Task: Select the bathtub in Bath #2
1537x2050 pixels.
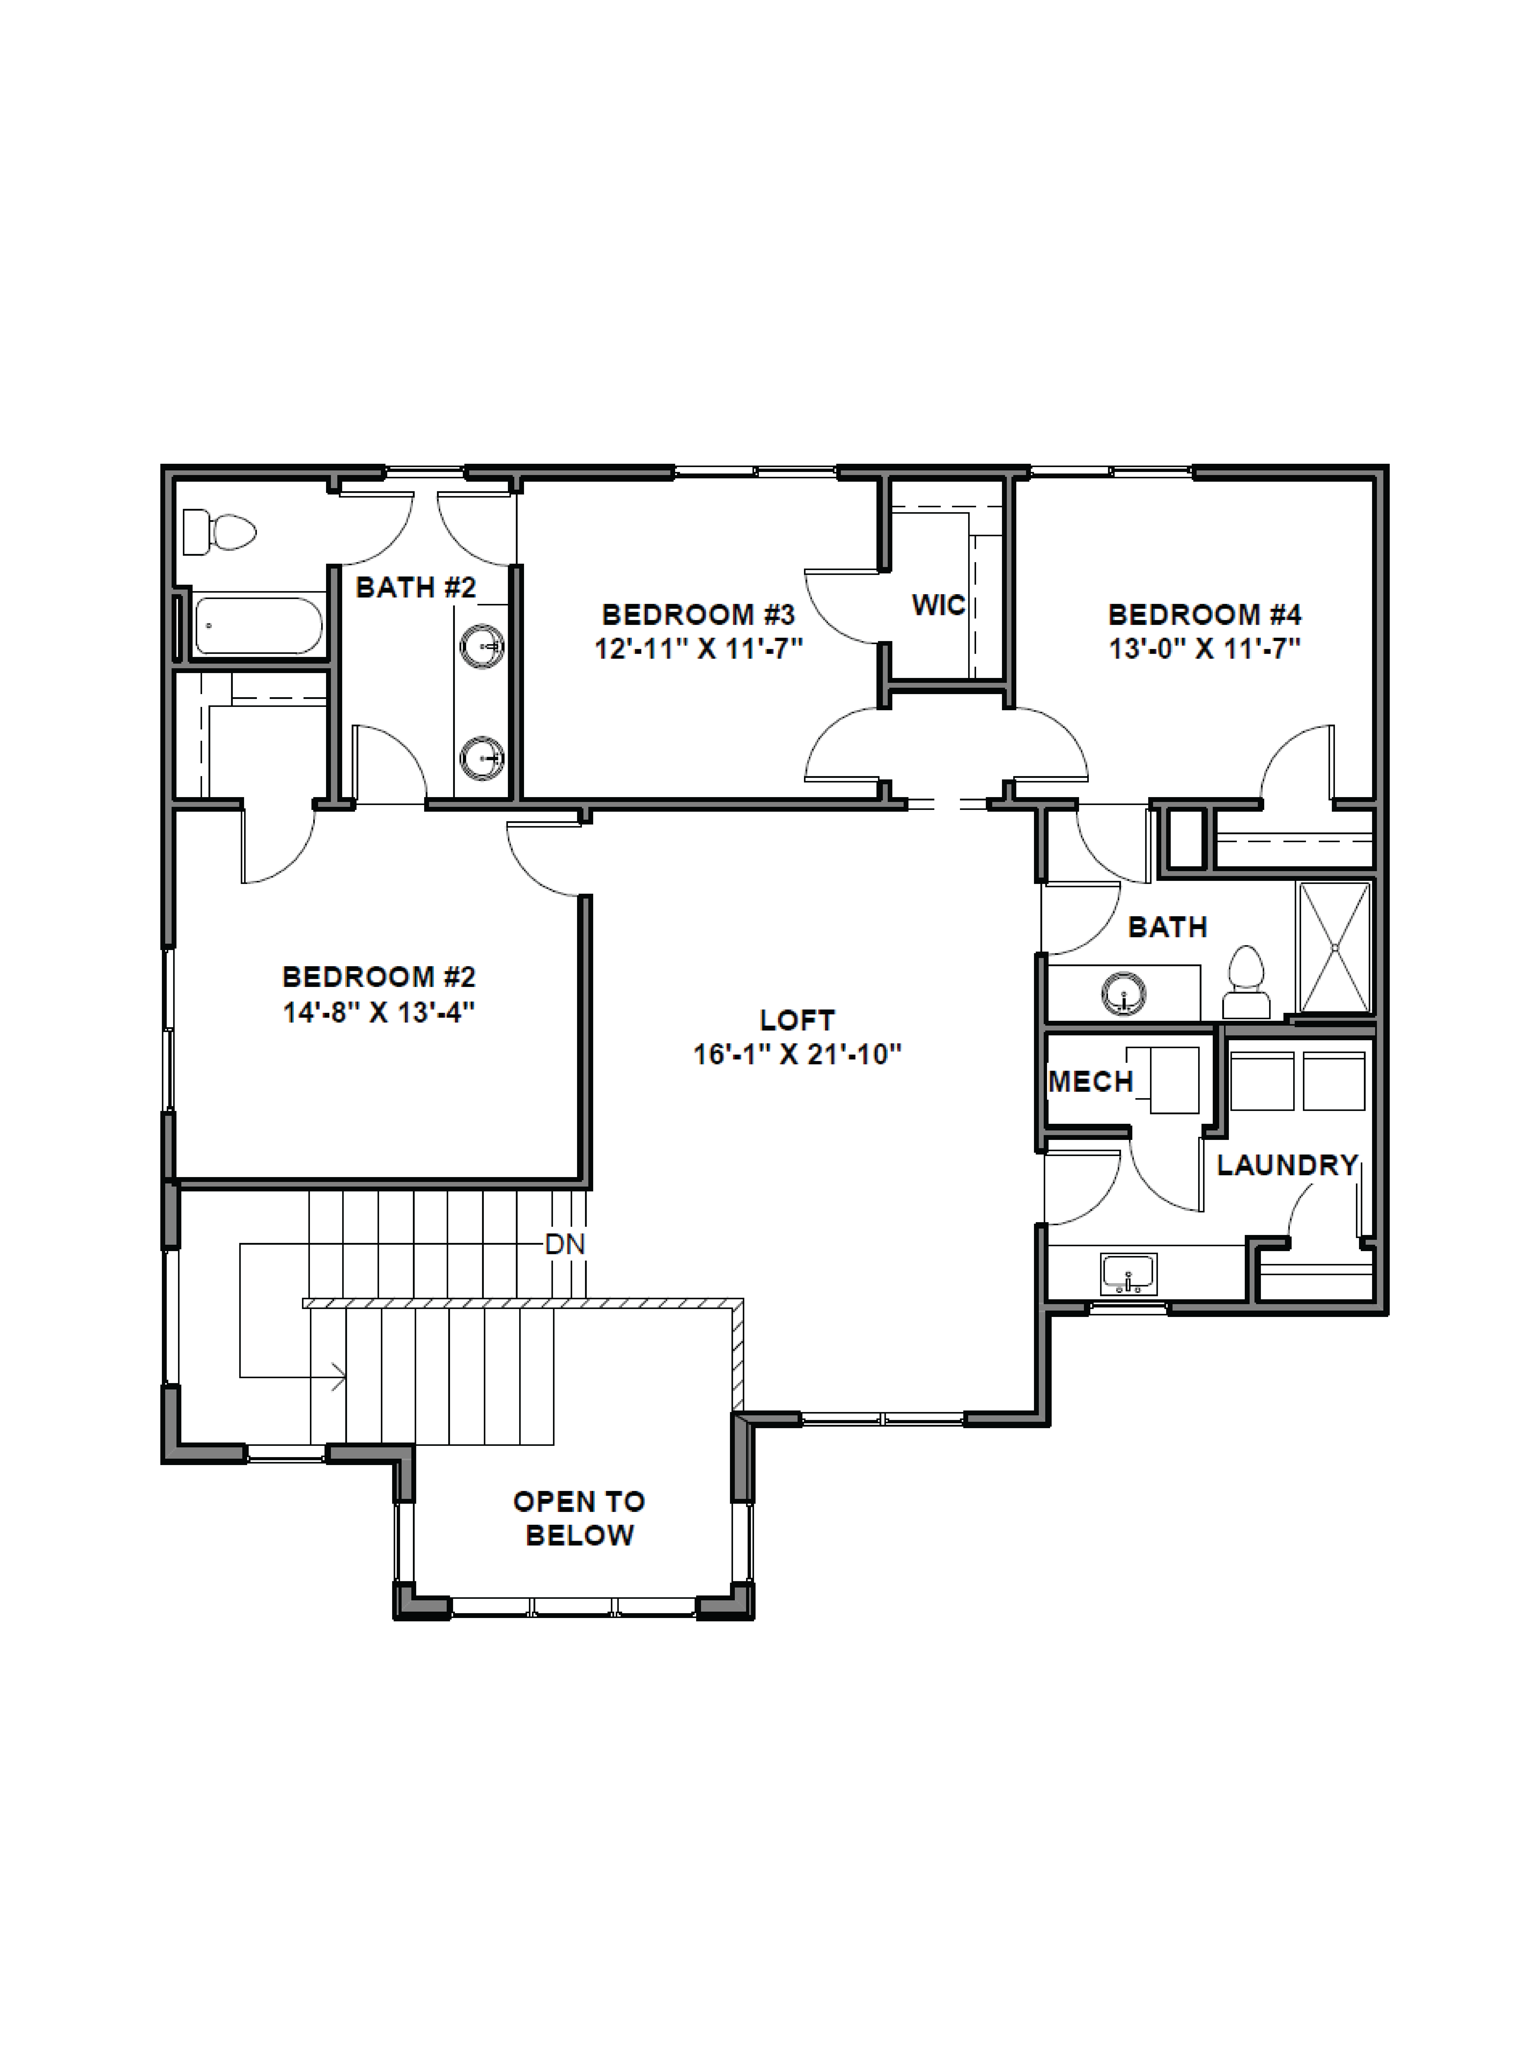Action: [x=258, y=626]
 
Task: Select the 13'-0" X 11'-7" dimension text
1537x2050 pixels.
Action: [x=1204, y=649]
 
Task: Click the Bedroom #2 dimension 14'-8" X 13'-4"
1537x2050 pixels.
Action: [x=379, y=1012]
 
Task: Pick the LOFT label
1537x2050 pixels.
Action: [x=797, y=1020]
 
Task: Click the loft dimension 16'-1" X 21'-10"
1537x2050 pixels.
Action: [x=797, y=1055]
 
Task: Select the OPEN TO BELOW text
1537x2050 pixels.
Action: [x=579, y=1518]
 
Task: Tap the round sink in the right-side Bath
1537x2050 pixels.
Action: [x=1124, y=994]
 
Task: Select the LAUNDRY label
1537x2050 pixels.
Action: [x=1287, y=1165]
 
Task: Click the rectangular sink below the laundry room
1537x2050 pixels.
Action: [x=1128, y=1273]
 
